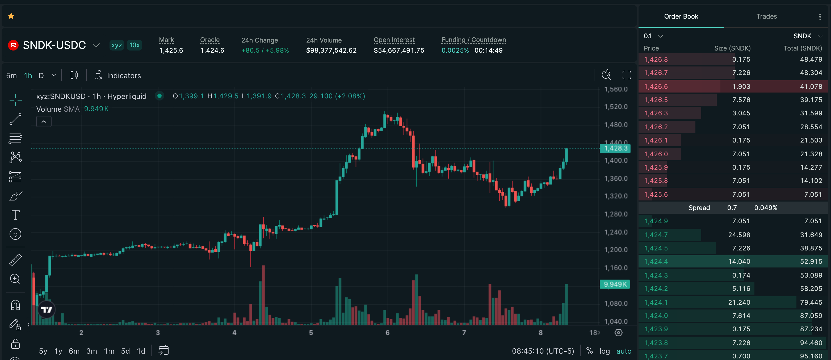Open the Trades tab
coord(766,16)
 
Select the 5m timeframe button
coord(11,76)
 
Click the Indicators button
coord(118,76)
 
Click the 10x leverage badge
coord(135,45)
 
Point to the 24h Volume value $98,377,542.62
coord(331,50)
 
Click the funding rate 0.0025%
coord(455,50)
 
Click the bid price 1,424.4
coord(656,262)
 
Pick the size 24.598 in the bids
coord(739,235)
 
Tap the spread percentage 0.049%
coord(766,208)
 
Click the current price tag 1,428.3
coord(615,148)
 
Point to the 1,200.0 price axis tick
coord(616,250)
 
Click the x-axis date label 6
coord(387,333)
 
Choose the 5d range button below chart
coord(125,351)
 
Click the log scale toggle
coord(605,351)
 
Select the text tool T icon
coord(15,215)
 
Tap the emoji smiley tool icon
coord(15,234)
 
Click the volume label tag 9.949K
coord(615,284)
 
